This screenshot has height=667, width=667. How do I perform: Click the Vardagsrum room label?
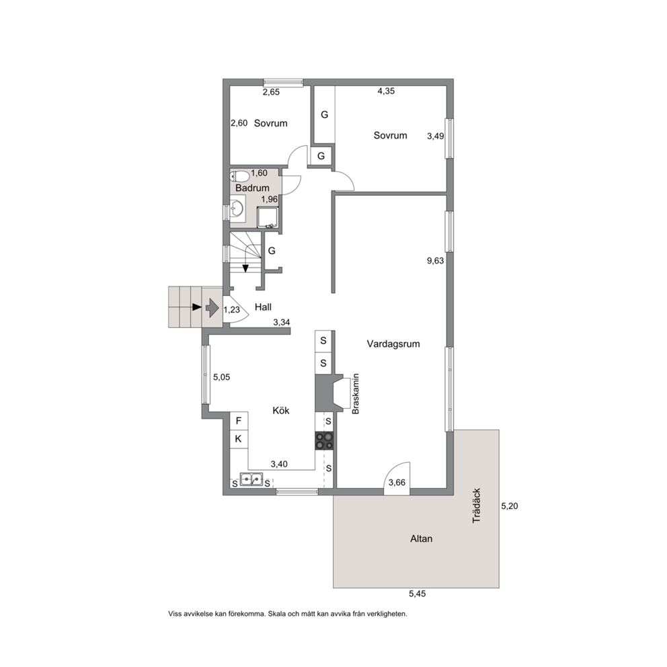393,344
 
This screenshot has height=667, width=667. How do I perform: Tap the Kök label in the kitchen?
281,411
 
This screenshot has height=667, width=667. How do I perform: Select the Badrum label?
252,188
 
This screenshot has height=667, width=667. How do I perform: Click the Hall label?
263,307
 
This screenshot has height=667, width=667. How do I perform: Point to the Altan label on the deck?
421,539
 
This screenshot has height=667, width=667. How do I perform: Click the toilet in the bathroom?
239,175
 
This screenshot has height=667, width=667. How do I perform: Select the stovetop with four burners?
324,440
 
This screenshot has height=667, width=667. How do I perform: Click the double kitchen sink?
251,479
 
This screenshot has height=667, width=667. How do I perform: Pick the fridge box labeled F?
239,421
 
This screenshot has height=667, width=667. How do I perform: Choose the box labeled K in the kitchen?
239,439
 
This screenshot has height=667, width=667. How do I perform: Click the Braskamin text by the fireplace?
356,394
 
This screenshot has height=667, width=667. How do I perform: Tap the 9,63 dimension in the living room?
435,261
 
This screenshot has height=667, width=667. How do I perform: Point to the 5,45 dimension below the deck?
418,594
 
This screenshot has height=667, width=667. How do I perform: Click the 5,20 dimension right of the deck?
509,506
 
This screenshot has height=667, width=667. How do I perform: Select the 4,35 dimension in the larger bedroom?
386,91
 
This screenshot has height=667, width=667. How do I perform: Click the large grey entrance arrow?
212,307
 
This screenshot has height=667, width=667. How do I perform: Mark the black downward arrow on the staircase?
245,268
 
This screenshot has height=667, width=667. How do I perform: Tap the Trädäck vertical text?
477,506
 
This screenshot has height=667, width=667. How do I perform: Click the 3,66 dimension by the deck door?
397,482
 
